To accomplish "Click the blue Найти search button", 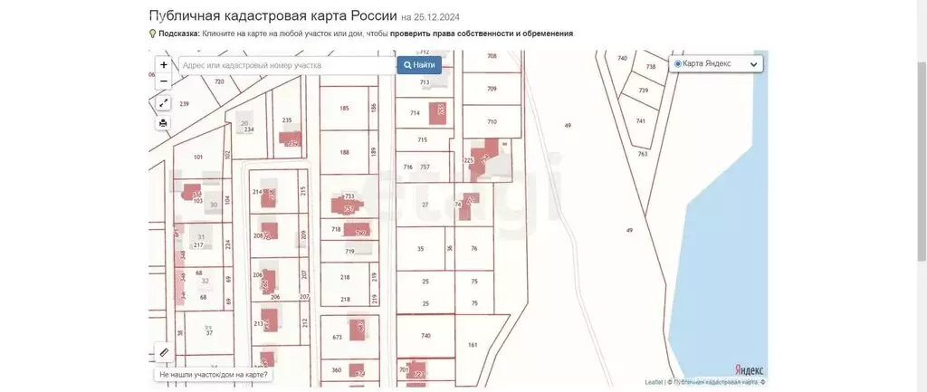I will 419,65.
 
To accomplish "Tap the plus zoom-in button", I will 163,65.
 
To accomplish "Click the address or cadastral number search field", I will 285,65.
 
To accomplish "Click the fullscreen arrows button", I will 163,103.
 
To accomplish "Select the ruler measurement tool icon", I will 164,351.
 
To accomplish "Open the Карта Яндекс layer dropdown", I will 717,63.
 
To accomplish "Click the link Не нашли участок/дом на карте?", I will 214,374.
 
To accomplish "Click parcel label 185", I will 344,109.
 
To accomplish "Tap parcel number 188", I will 344,152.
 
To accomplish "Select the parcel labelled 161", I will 473,345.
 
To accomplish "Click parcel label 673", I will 338,337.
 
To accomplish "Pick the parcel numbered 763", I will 643,154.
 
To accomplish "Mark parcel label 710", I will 492,121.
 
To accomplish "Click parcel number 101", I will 198,157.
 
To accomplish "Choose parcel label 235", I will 287,120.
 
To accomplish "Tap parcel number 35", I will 420,248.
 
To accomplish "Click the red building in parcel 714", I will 441,110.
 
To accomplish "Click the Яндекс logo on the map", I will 748,369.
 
